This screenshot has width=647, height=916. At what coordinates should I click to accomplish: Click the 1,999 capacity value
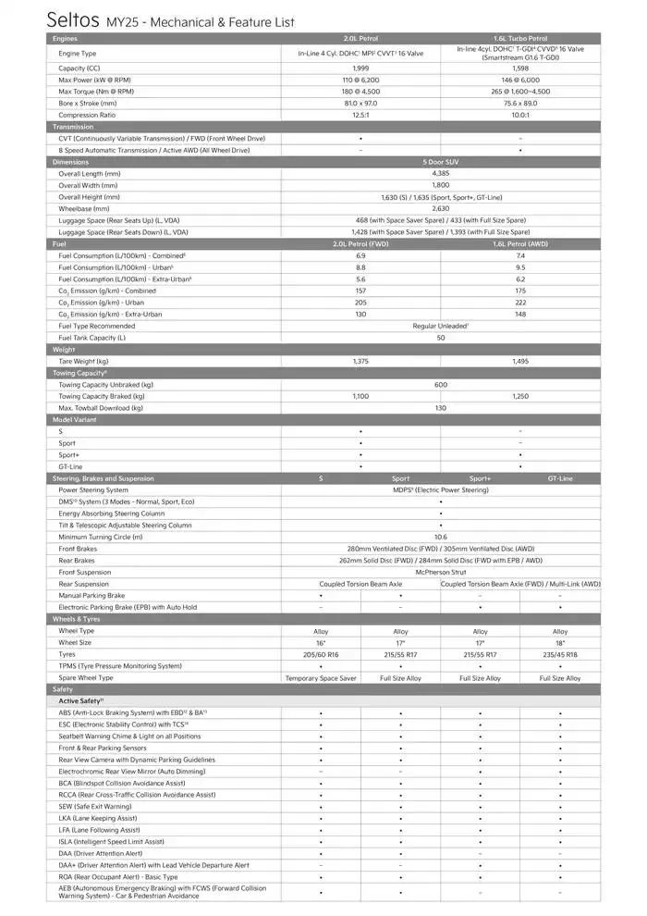(360, 68)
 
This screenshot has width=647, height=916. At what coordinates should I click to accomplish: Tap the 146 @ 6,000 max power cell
(520, 80)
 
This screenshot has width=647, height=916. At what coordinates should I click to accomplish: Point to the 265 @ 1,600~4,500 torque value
(520, 92)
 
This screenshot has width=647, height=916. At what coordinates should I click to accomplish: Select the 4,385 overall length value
(440, 173)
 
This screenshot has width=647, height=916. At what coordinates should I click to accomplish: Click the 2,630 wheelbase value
(440, 208)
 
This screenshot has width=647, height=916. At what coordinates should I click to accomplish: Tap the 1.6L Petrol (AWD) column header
(520, 243)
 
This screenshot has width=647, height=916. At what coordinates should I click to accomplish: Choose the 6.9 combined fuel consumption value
(360, 255)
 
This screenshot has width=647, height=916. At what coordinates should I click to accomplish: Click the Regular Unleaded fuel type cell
(440, 326)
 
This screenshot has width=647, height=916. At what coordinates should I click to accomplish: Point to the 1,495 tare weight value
(520, 361)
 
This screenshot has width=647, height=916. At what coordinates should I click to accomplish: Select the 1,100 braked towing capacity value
(360, 396)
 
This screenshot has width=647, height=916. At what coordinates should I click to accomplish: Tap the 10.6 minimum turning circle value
(440, 537)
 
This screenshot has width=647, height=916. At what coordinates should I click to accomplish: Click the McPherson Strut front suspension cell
(440, 572)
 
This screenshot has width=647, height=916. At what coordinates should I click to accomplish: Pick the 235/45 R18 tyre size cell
(560, 654)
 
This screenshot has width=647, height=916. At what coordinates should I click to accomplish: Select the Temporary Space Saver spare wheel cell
(321, 678)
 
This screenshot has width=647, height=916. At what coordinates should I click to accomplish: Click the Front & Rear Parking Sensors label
(103, 748)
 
